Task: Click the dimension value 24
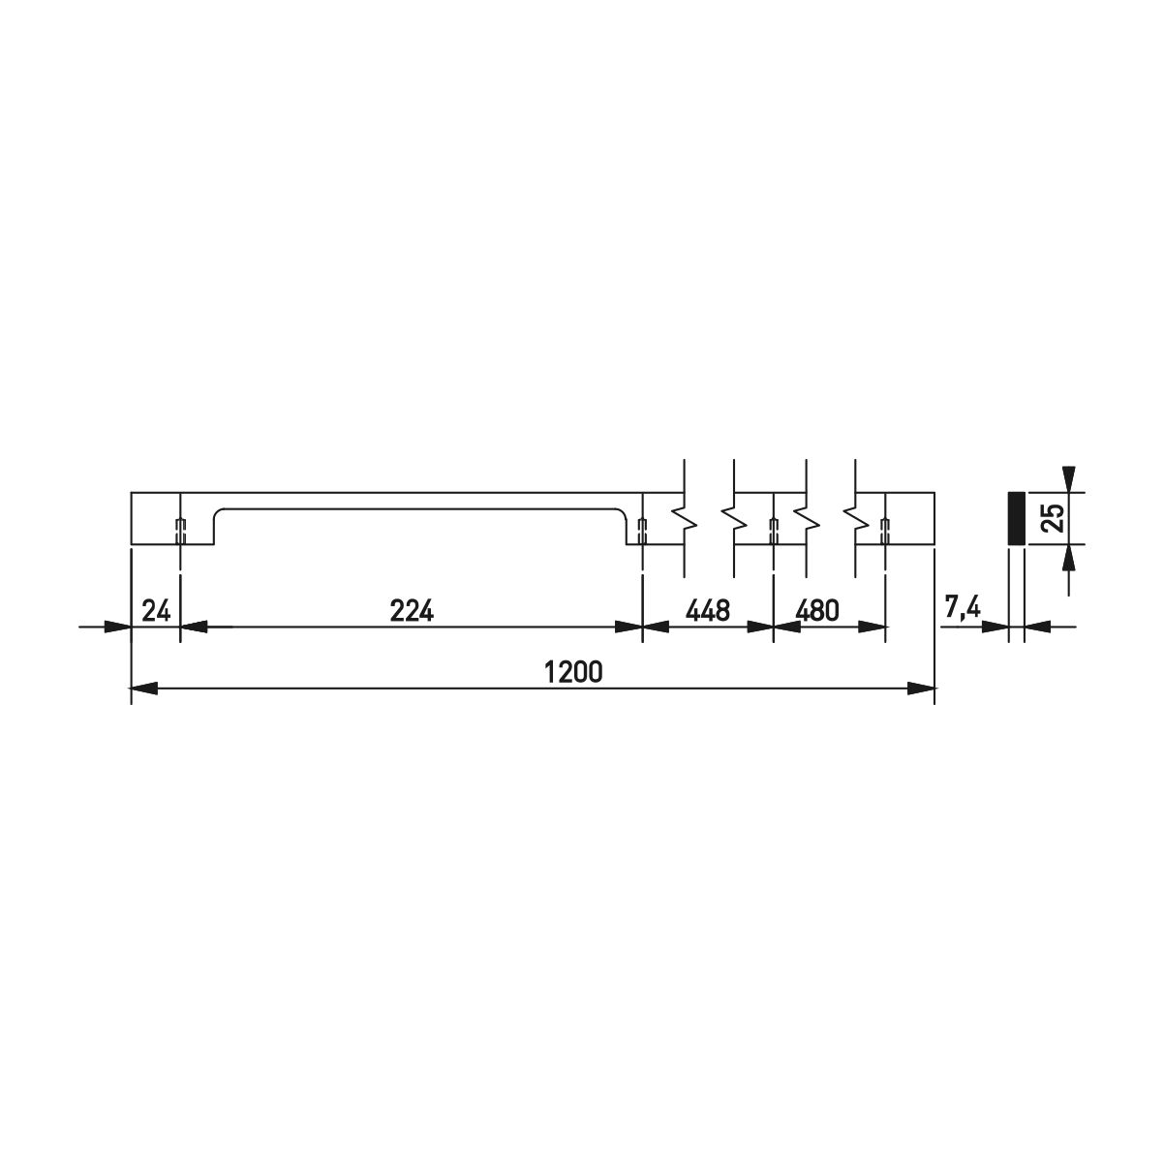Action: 157,611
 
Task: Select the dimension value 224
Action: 412,611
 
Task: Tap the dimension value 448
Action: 708,611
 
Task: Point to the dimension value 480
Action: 817,611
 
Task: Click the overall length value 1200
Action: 574,672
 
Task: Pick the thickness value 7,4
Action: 963,608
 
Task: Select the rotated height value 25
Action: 1054,518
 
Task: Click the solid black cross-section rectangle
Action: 1017,518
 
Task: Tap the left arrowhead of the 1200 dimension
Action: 144,688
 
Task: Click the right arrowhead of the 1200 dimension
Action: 922,688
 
